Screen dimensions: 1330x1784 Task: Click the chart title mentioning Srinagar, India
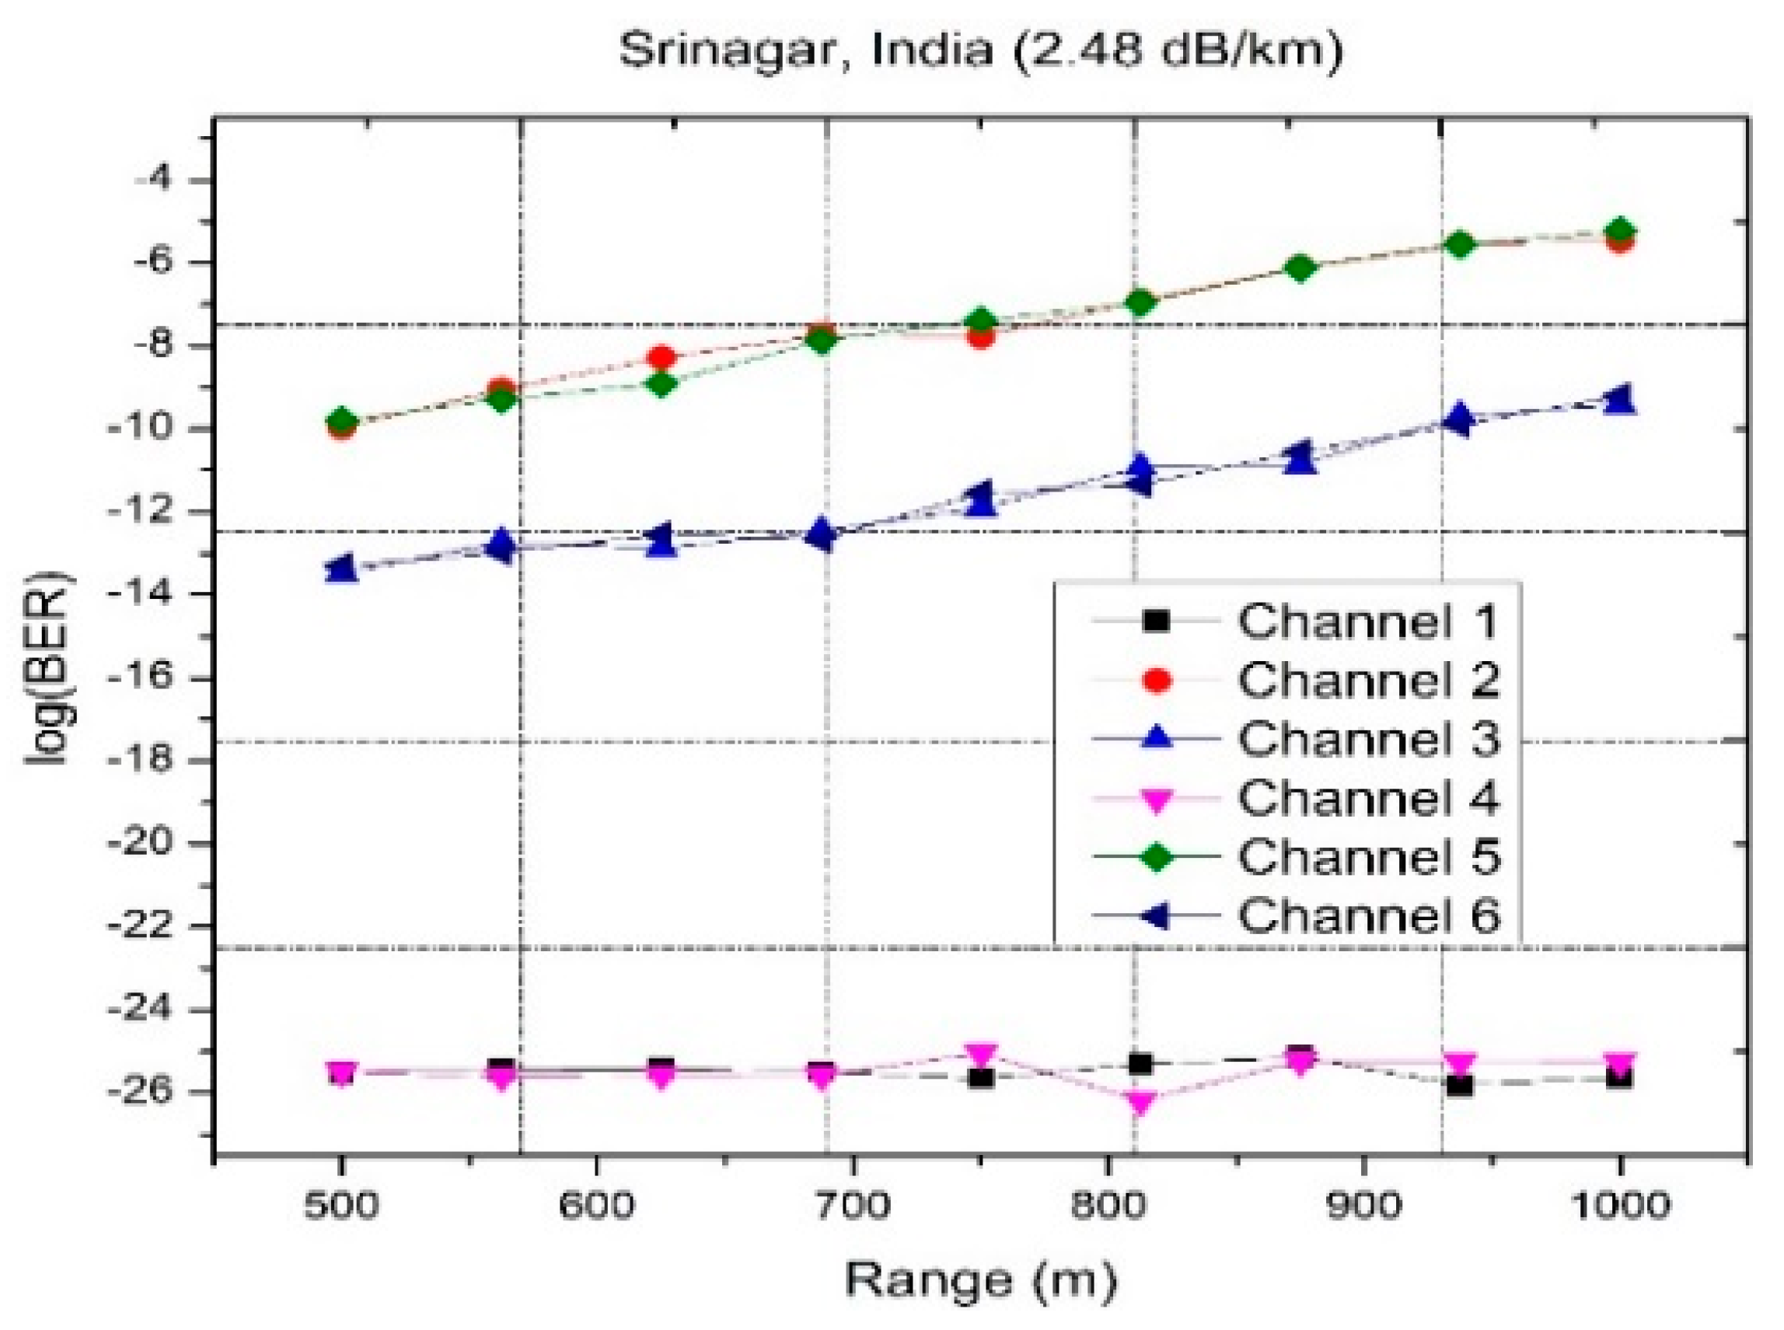click(980, 50)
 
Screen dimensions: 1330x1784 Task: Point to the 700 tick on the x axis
click(852, 1206)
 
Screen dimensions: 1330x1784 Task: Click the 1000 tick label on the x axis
click(1618, 1206)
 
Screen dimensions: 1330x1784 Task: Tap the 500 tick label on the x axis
click(341, 1206)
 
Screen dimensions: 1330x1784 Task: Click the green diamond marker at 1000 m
click(1618, 231)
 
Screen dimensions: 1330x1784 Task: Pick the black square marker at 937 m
click(1459, 1085)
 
